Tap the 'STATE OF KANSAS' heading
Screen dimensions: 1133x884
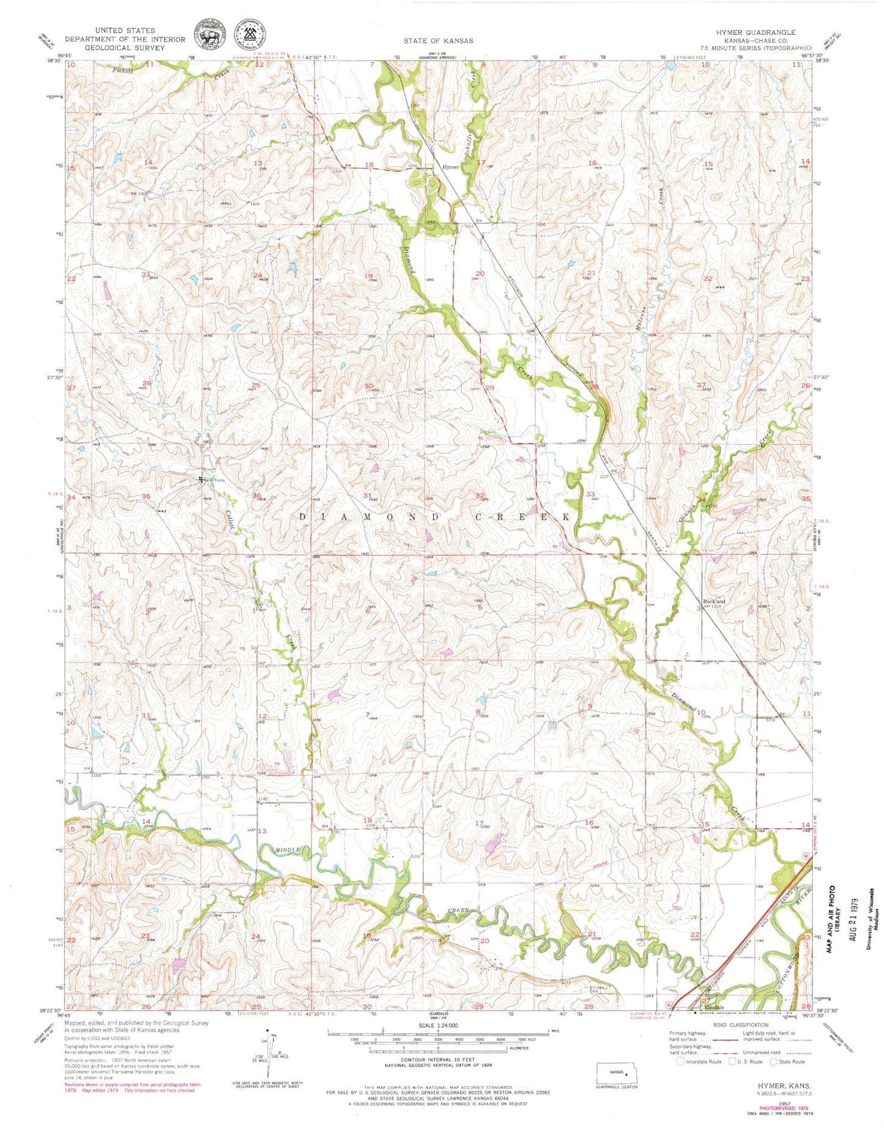pyautogui.click(x=437, y=40)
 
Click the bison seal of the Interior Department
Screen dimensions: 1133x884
pyautogui.click(x=208, y=34)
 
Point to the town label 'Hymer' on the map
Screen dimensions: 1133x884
pyautogui.click(x=451, y=166)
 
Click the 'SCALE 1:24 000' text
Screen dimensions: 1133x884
pyautogui.click(x=437, y=1025)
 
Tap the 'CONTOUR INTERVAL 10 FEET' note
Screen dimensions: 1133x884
pyautogui.click(x=437, y=1060)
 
